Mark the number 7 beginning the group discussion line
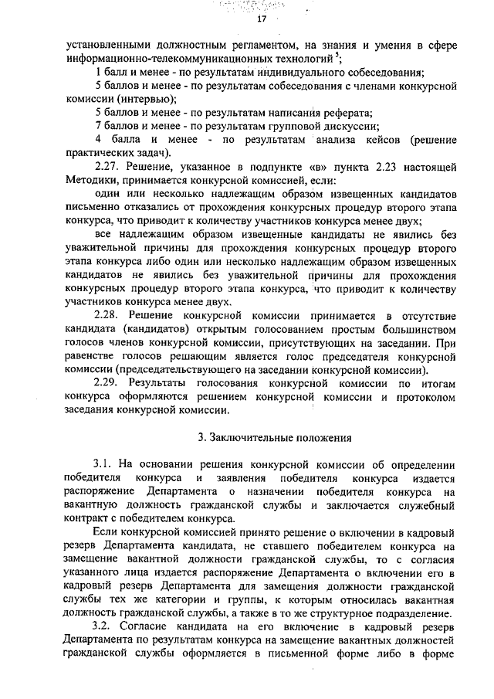pos(97,125)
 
